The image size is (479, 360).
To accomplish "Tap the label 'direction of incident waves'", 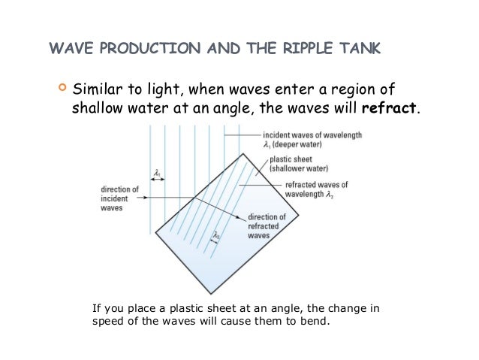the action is coord(119,198).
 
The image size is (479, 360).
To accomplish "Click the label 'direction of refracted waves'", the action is coord(269,225).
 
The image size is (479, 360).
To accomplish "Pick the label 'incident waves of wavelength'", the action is coord(308,139).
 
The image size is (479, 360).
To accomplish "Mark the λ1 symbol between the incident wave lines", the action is coord(156,174).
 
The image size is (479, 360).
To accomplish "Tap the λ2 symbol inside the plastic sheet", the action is coord(216,235).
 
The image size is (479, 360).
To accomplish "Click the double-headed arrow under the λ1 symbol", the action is coord(157,181).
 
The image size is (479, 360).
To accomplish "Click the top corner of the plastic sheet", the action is coord(243,153).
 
